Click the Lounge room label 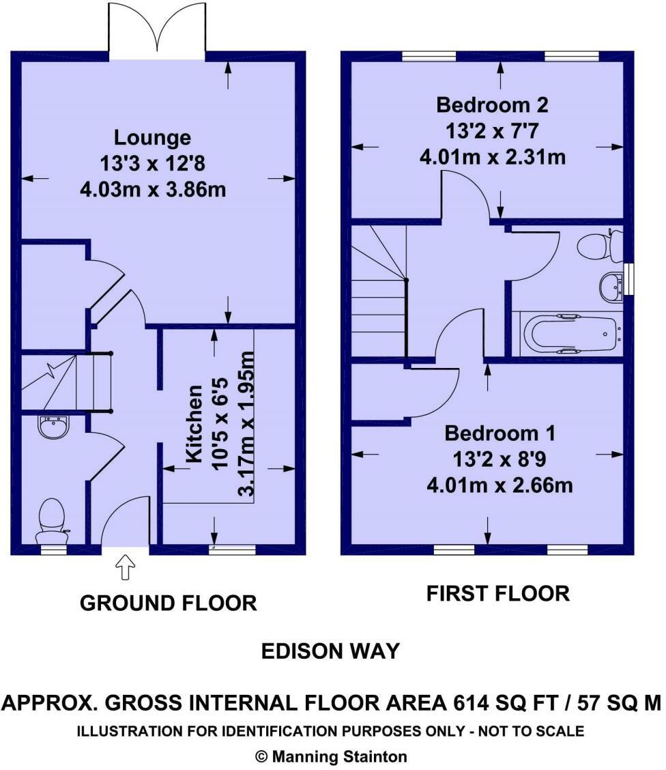153,137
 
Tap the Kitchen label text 195,423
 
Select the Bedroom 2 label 492,104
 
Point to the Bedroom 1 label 500,433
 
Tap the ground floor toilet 52,521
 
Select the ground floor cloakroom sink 53,426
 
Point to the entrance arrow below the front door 125,567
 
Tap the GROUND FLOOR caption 169,603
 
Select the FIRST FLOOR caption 497,594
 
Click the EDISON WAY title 330,652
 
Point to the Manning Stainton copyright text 332,757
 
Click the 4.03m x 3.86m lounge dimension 153,189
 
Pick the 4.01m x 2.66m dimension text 500,485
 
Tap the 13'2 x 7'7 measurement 492,131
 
